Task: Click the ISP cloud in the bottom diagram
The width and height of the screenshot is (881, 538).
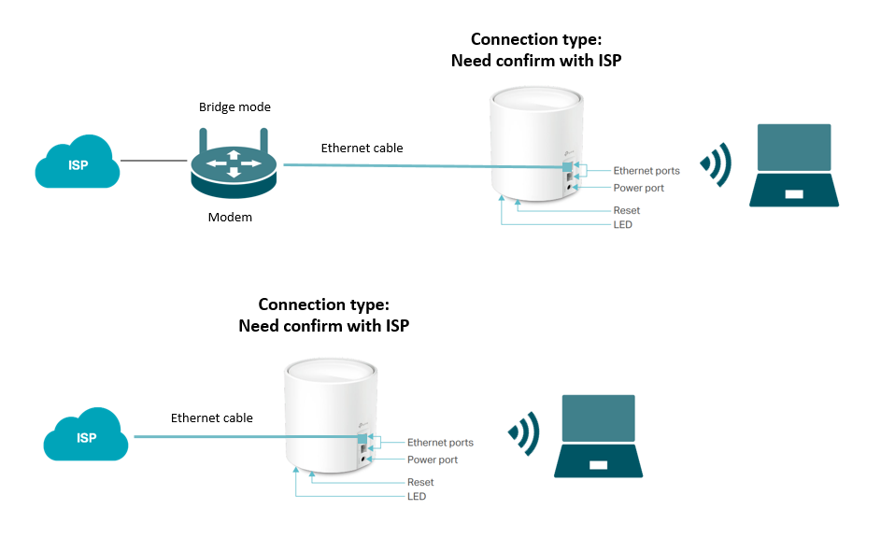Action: (x=86, y=435)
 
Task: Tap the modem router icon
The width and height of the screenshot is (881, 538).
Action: (x=234, y=166)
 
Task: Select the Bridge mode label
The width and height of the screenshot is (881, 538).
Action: (x=234, y=107)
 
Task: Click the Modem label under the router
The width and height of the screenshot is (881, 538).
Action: (x=230, y=217)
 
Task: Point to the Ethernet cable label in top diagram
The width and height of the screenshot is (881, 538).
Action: (x=362, y=148)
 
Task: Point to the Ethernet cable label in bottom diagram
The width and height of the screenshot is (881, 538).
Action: (x=211, y=418)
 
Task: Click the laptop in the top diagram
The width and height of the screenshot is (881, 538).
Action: (x=793, y=165)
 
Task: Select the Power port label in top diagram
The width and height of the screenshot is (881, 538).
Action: (x=638, y=189)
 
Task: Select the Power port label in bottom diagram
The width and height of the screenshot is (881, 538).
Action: (x=432, y=460)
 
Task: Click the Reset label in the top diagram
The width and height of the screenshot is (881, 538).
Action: (x=626, y=211)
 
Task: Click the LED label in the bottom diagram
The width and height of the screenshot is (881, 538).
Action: (x=416, y=496)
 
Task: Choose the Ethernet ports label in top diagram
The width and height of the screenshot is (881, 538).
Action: (x=647, y=171)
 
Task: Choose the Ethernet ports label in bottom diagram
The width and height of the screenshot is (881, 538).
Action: (x=440, y=443)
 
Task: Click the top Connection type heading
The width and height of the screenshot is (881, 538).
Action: (x=536, y=39)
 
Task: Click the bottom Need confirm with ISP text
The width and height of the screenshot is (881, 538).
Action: (x=323, y=326)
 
